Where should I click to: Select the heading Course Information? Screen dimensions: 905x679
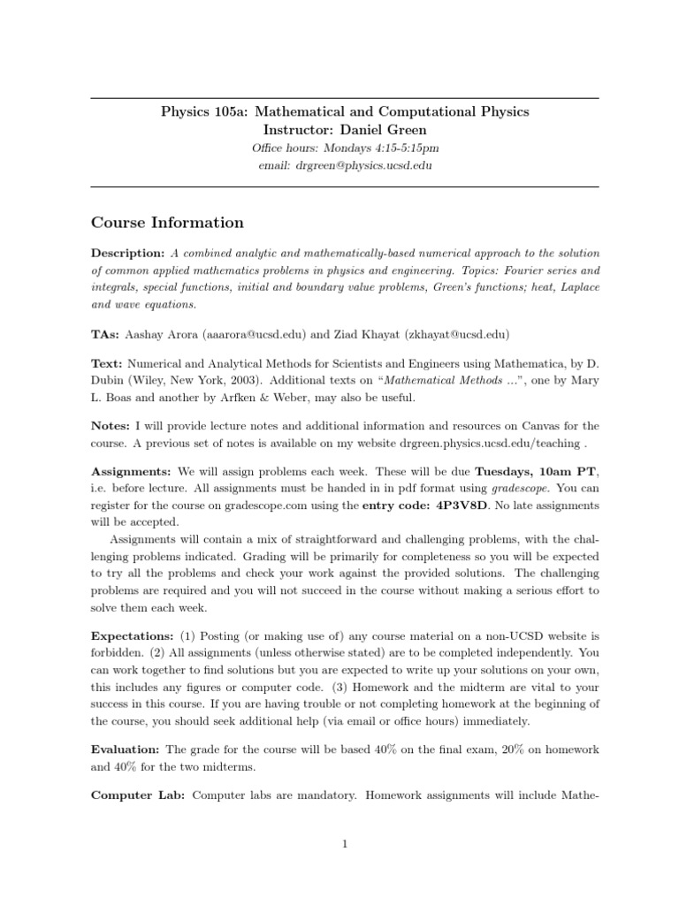[x=168, y=223]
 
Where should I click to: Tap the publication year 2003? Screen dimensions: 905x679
[x=238, y=380]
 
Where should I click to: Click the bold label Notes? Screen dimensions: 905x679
[x=111, y=426]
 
